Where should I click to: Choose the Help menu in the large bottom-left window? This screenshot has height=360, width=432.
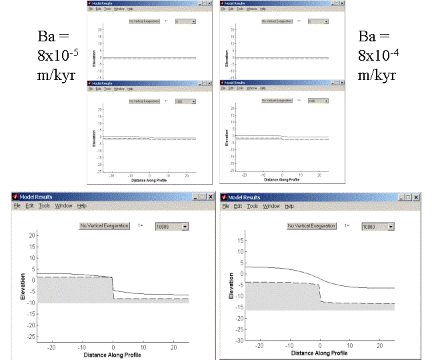(83, 206)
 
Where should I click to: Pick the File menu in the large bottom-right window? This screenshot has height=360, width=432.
(225, 207)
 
